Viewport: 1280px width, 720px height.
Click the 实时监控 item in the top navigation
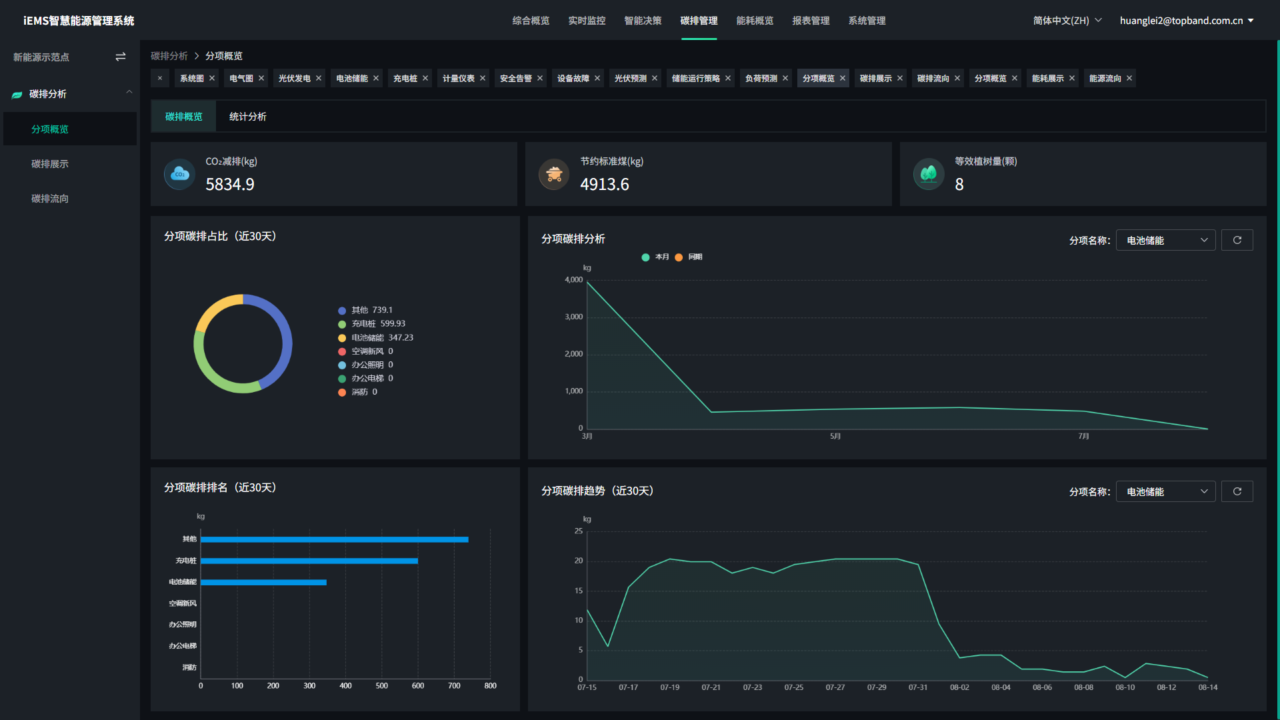(x=587, y=21)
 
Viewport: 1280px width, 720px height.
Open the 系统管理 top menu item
(x=867, y=21)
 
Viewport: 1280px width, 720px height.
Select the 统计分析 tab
(x=247, y=117)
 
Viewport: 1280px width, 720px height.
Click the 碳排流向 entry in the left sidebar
(x=50, y=199)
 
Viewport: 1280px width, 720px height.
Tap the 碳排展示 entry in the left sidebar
(x=50, y=164)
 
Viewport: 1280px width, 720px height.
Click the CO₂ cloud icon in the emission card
(x=179, y=174)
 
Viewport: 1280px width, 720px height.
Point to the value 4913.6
(x=604, y=185)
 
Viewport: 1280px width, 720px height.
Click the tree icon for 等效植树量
(x=928, y=174)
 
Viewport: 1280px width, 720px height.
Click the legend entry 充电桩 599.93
(x=378, y=324)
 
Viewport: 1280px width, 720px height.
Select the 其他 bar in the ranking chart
(x=334, y=539)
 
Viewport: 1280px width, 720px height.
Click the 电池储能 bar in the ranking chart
(x=263, y=582)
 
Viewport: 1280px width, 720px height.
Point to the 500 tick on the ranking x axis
(x=381, y=686)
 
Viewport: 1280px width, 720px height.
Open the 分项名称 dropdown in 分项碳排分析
(x=1165, y=241)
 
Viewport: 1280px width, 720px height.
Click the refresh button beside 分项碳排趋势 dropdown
(x=1237, y=491)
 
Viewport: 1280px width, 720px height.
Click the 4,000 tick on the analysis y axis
(x=573, y=280)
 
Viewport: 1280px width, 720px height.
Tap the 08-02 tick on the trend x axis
(x=959, y=687)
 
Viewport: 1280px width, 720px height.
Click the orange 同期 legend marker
(x=679, y=257)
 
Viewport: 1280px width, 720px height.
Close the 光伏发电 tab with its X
(x=319, y=79)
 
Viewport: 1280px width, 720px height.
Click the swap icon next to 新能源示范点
(x=121, y=57)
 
